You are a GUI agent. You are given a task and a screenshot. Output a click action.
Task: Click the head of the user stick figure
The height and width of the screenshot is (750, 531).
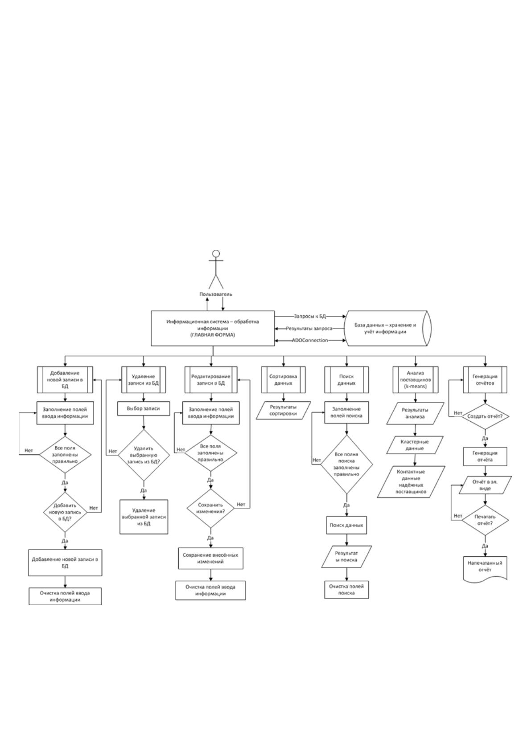pyautogui.click(x=216, y=253)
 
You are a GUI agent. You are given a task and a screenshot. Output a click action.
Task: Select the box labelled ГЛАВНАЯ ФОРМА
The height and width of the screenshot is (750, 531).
pyautogui.click(x=213, y=328)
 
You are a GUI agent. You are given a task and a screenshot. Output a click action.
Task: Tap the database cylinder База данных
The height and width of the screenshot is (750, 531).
pyautogui.click(x=388, y=328)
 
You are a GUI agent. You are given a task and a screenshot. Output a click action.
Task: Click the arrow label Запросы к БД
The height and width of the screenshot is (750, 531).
pyautogui.click(x=310, y=316)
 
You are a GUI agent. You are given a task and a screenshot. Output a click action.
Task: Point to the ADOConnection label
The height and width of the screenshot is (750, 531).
pyautogui.click(x=310, y=340)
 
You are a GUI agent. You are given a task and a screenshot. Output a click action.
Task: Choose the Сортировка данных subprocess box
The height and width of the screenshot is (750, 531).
pyautogui.click(x=283, y=380)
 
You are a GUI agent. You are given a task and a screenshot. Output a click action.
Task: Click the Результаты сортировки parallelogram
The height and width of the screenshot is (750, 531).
pyautogui.click(x=283, y=411)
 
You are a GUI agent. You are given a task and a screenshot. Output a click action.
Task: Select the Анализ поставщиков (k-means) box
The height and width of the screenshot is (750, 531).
pyautogui.click(x=416, y=380)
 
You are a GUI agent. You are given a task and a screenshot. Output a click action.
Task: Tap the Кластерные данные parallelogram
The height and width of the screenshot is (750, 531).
pyautogui.click(x=415, y=445)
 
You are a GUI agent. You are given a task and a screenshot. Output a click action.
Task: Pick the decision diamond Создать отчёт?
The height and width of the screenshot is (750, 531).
pyautogui.click(x=485, y=416)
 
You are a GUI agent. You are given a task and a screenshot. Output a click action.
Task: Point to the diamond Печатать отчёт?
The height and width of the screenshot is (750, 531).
pyautogui.click(x=485, y=520)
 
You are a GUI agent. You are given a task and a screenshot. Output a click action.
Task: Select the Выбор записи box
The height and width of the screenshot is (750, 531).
pyautogui.click(x=144, y=409)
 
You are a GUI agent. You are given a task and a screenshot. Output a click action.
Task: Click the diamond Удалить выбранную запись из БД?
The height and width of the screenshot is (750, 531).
pyautogui.click(x=144, y=455)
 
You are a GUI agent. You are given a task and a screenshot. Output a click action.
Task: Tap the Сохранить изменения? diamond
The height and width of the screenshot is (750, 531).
pyautogui.click(x=210, y=508)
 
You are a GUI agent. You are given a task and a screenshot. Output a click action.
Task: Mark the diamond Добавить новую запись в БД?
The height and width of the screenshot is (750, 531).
pyautogui.click(x=65, y=512)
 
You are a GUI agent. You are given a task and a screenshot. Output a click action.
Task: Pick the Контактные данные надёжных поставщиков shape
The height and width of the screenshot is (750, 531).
pyautogui.click(x=411, y=482)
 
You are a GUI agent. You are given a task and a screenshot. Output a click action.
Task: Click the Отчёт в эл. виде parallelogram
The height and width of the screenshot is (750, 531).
pyautogui.click(x=485, y=485)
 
